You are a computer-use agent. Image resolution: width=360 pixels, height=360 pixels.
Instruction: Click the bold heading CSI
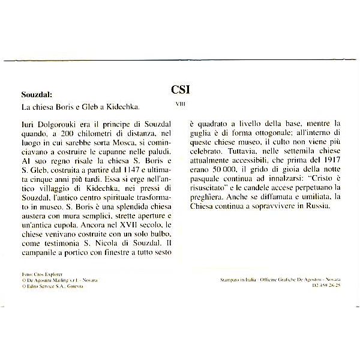tap(180, 89)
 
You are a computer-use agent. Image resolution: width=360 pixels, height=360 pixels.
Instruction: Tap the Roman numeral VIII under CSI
tap(180, 103)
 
